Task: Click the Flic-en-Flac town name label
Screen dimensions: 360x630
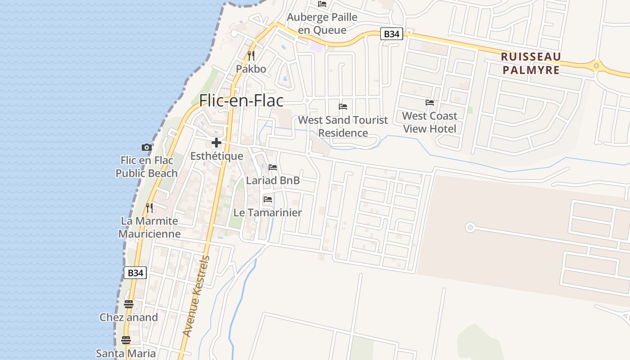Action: (241, 100)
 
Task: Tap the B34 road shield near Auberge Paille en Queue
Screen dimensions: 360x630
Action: (391, 34)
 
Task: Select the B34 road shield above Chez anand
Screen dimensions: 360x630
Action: (135, 272)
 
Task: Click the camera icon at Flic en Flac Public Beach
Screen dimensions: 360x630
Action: (146, 147)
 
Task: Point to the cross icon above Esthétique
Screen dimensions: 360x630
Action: (216, 143)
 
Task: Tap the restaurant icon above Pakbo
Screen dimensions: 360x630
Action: (251, 56)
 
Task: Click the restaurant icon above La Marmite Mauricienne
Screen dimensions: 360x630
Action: (149, 208)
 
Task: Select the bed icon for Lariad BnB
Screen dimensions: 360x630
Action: (273, 167)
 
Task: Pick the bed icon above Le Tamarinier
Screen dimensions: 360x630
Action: (268, 199)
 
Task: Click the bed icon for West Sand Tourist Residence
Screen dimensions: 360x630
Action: (343, 107)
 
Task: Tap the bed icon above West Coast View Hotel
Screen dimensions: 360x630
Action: (430, 103)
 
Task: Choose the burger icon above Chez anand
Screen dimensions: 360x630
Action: (128, 304)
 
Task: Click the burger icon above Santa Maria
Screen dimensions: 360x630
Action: (126, 340)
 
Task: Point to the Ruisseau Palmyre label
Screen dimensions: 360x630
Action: (531, 63)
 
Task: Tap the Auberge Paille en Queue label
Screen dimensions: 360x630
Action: (322, 23)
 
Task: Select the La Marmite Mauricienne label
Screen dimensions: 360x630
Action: (149, 227)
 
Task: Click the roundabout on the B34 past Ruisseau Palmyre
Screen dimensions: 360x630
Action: (596, 66)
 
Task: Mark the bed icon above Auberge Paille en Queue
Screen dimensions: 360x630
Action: (322, 4)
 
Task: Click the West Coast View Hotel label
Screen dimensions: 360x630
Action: (430, 122)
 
